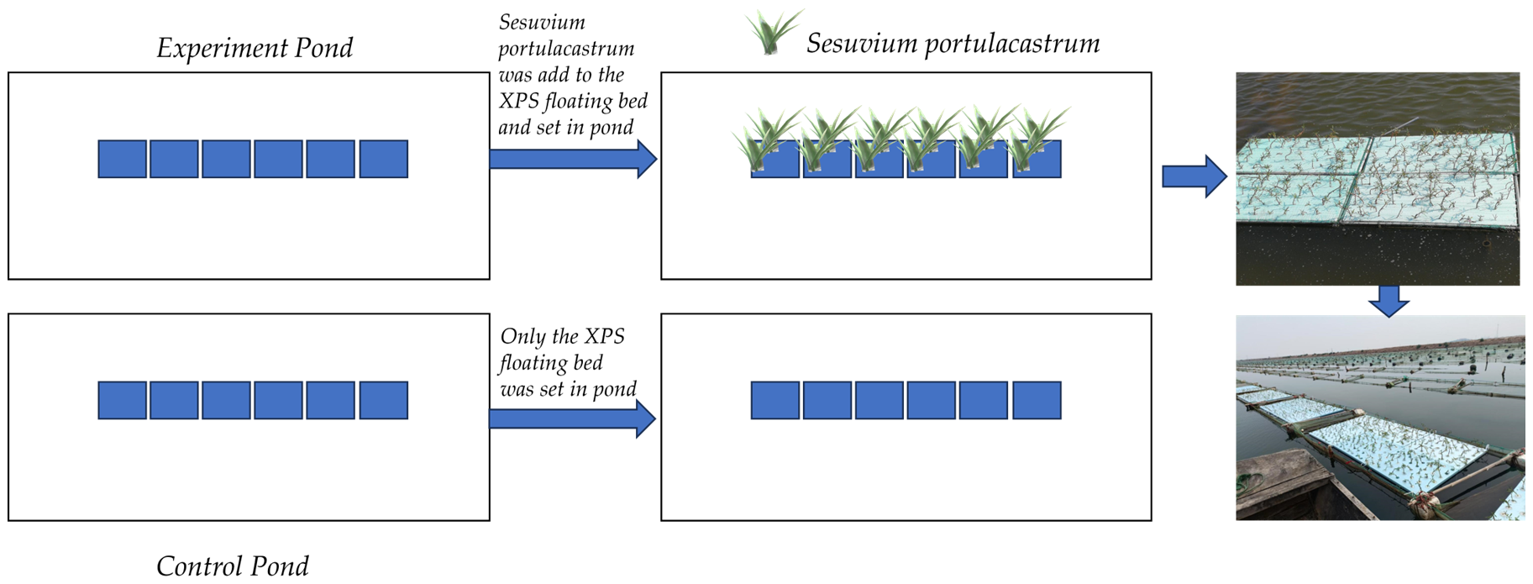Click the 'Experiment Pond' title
(254, 48)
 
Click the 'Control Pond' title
(232, 566)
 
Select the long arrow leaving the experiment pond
(571, 159)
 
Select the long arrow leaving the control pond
(571, 418)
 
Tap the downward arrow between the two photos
(1389, 300)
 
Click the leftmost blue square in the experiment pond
(122, 159)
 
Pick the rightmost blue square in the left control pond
(384, 400)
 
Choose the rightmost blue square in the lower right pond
(1037, 400)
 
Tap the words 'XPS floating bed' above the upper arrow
(573, 102)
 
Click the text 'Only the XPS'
(562, 337)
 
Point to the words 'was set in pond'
(568, 389)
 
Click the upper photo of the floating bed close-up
(1377, 178)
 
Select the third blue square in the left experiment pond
(226, 159)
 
